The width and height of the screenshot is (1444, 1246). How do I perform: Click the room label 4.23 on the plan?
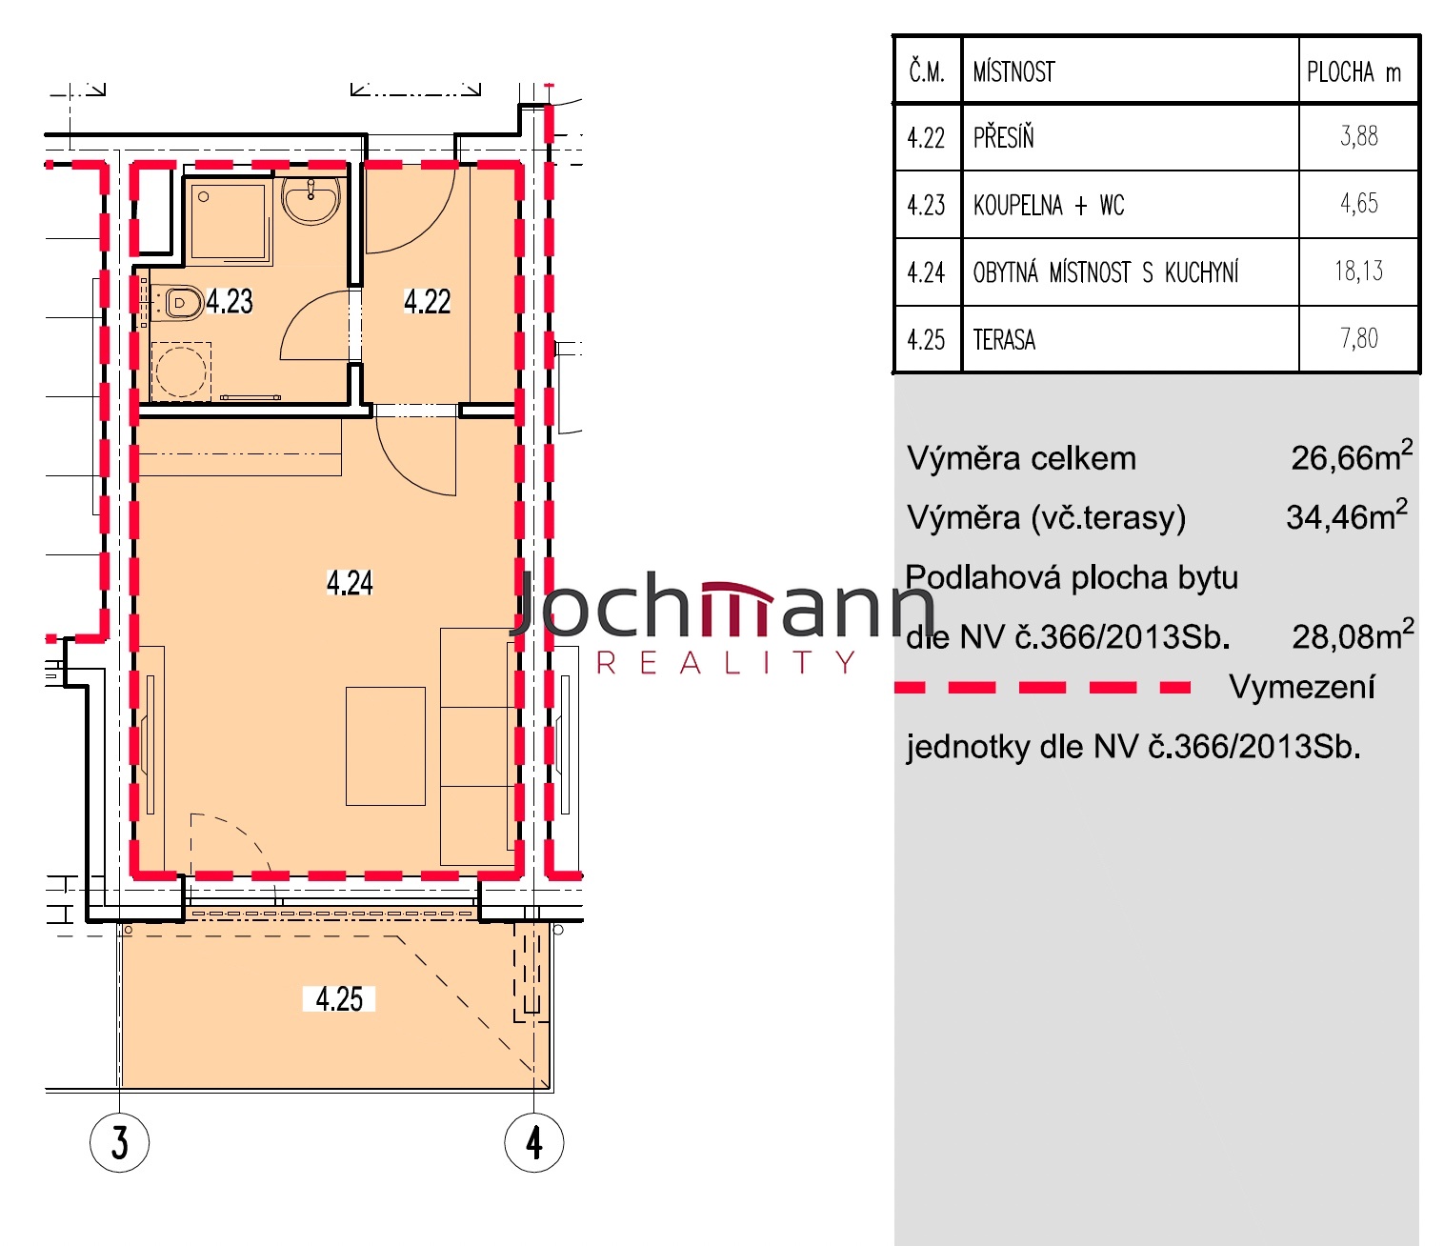coord(230,301)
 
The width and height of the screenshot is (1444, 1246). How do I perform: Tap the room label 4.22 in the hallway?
coord(427,301)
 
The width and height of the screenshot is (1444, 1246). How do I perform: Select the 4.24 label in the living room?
coord(350,582)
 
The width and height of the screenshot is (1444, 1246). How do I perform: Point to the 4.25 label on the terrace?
coord(339,998)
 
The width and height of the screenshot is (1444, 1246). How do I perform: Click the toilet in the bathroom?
coord(177,303)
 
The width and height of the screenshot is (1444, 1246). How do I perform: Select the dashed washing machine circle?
coord(181,371)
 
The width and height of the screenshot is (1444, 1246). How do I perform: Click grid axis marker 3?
coord(119,1142)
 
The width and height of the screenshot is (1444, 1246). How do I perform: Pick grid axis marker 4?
coord(533,1142)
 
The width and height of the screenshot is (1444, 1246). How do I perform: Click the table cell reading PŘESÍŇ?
coord(1003,137)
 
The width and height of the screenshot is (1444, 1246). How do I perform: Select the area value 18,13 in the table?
coord(1358,271)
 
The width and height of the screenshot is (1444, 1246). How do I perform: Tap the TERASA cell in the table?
coord(1004,340)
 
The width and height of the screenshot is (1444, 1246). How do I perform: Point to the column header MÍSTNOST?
coord(1013,71)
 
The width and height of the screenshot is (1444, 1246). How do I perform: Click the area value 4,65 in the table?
coord(1359,203)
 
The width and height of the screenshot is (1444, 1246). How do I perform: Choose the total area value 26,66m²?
coord(1352,456)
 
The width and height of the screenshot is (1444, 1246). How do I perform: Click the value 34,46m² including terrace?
coord(1347,515)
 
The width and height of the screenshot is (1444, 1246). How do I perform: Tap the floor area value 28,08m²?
coord(1353,634)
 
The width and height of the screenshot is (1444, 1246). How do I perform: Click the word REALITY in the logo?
coord(726,662)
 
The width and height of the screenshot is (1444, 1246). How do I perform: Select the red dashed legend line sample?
coord(1042,688)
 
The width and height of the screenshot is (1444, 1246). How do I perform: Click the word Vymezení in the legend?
coord(1302,687)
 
